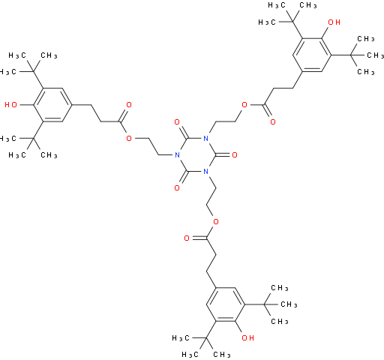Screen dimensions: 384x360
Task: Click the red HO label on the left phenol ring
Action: coord(11,105)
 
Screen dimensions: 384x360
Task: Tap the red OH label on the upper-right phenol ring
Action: coord(334,22)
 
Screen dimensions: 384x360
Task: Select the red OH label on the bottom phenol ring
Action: coord(247,338)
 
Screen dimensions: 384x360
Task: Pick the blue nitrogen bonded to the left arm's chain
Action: coord(177,155)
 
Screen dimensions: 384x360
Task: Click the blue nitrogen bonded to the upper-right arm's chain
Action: coord(206,138)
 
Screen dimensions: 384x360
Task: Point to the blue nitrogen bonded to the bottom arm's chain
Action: coord(206,172)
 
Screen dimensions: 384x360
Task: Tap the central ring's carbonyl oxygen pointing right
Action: coord(235,155)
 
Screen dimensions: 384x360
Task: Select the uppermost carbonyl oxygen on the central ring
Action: coord(177,122)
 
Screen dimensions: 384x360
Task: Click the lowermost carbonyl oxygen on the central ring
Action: coord(177,188)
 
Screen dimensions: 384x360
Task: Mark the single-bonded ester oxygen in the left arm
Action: coord(129,138)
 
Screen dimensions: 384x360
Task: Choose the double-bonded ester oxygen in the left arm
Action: coord(129,105)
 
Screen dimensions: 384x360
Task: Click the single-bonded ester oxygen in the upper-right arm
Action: coord(244,105)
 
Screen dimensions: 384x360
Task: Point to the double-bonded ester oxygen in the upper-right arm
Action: coord(273,121)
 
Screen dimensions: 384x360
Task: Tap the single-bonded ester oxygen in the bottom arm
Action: coord(215,221)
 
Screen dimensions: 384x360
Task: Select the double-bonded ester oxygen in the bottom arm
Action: coord(187,238)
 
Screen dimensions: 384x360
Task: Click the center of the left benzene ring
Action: coord(53,105)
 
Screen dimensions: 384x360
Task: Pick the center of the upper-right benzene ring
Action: coord(312,55)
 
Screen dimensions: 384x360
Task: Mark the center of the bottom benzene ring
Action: coord(225,304)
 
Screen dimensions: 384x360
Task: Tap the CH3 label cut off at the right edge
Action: coord(375,55)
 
